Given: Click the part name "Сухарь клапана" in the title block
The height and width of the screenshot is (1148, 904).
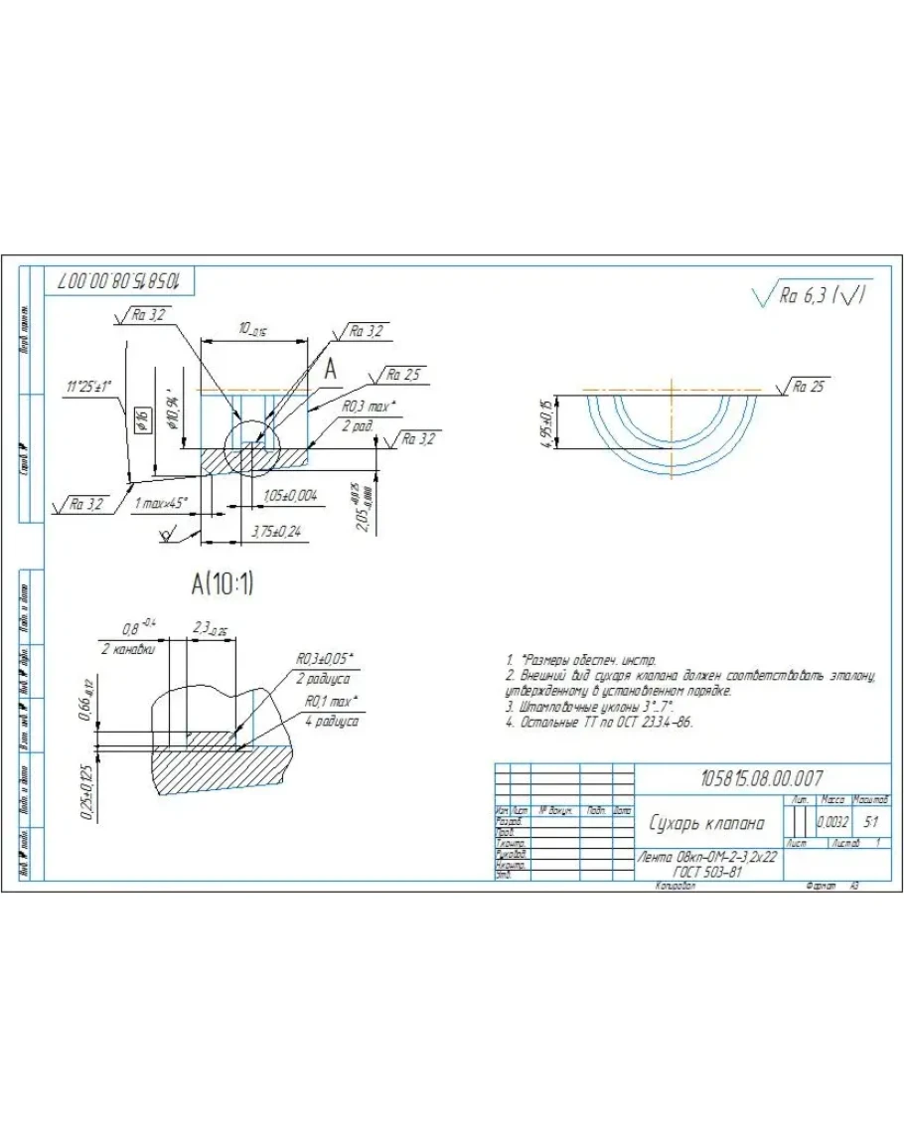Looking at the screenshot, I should click(x=706, y=823).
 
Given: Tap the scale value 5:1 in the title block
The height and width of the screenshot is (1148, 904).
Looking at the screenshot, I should click(x=871, y=823).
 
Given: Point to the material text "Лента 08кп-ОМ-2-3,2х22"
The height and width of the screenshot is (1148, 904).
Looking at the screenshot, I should click(x=706, y=857).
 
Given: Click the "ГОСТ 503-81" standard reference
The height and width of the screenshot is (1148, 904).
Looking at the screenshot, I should click(x=706, y=871).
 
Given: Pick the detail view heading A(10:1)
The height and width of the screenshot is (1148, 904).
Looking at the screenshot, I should click(x=223, y=585).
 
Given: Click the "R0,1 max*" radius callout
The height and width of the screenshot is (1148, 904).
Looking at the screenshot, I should click(x=332, y=702).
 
